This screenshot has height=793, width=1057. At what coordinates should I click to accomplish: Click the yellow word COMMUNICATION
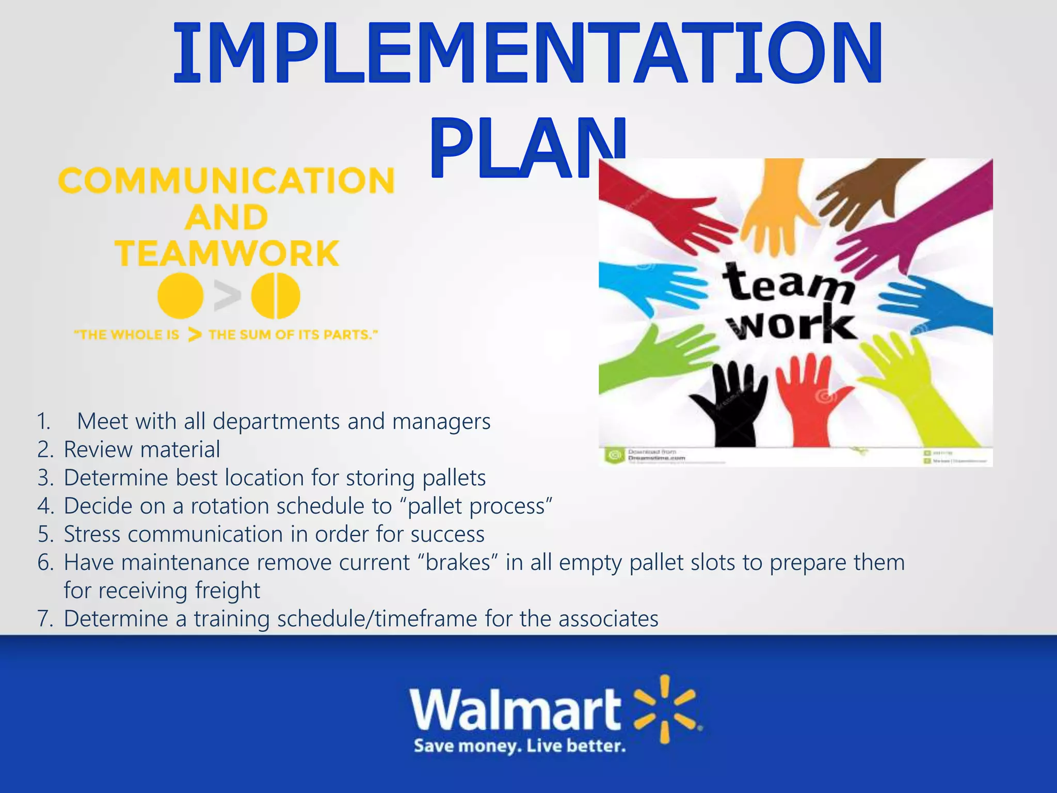coord(226,181)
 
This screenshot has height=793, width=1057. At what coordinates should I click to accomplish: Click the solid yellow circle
coord(180,296)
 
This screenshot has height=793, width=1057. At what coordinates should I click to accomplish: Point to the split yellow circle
coord(276,296)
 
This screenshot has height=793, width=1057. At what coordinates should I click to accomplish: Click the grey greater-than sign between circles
coord(228,296)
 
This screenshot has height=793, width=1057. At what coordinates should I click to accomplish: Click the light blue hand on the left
coord(650,287)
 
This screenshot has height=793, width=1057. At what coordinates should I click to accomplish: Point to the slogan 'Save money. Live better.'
coord(519,747)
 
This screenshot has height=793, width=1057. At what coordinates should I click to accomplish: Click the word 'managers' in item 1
coord(441,422)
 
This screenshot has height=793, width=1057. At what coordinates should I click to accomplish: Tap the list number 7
coord(45,619)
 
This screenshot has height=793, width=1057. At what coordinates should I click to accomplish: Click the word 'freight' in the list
coord(228,591)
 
